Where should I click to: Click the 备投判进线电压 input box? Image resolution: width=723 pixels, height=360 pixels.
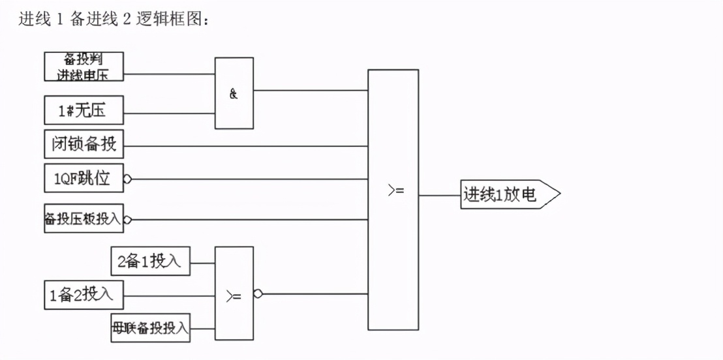point(84,67)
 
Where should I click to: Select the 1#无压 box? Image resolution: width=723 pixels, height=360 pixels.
point(84,111)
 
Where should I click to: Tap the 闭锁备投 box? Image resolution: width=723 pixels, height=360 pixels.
point(84,145)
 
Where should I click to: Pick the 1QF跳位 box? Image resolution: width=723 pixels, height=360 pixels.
point(84,179)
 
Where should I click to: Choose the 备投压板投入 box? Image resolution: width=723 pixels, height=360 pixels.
point(84,219)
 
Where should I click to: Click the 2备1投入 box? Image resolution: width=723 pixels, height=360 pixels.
point(150,262)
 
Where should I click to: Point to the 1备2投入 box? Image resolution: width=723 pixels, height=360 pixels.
point(84,295)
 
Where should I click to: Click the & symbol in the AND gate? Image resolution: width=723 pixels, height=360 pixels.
point(234,94)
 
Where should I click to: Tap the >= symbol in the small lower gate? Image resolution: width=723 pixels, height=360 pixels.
point(234,295)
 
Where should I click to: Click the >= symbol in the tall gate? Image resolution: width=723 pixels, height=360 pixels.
point(395,191)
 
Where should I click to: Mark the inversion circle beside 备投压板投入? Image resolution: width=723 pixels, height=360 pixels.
point(127,220)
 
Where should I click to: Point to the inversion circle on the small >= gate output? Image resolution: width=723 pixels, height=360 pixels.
point(258,294)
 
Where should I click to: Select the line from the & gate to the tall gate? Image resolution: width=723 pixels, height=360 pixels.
point(310,90)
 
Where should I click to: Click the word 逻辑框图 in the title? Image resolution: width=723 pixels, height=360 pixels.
point(171,20)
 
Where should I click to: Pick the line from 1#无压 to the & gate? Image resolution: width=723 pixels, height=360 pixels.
point(169,113)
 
